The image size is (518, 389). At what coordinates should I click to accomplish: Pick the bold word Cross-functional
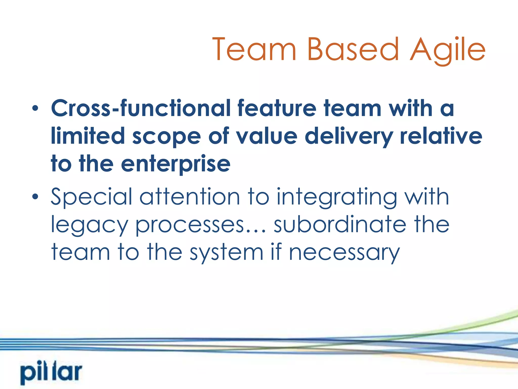coord(140,108)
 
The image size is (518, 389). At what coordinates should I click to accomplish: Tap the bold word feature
coord(277,108)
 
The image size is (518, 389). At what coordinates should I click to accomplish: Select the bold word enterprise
coord(176,164)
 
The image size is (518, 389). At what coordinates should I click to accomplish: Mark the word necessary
coord(344,253)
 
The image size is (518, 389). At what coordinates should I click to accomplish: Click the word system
coord(227,253)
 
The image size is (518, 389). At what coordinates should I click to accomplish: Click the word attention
coord(190,197)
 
